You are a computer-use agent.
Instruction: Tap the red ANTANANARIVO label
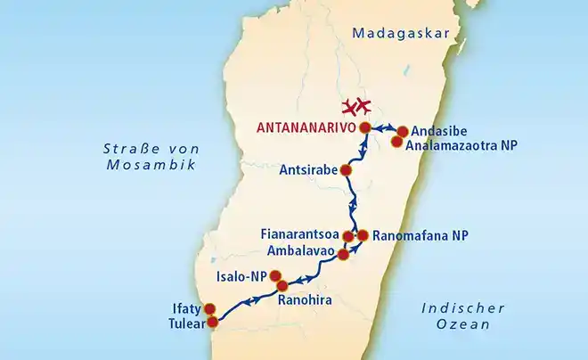tap(306, 128)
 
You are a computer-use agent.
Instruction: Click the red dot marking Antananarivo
tap(366, 128)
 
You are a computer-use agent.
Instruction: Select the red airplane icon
tap(357, 107)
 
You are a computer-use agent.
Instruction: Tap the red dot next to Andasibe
tap(402, 131)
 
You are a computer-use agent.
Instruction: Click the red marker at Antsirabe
tap(347, 170)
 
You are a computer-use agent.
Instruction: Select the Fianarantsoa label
tap(300, 235)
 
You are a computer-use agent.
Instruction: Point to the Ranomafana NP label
tap(418, 236)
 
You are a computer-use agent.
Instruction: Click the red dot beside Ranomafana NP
tap(363, 235)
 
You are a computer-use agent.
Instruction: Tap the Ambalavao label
tap(298, 251)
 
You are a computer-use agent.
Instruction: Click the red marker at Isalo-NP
tap(275, 275)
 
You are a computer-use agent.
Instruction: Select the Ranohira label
tap(305, 301)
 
